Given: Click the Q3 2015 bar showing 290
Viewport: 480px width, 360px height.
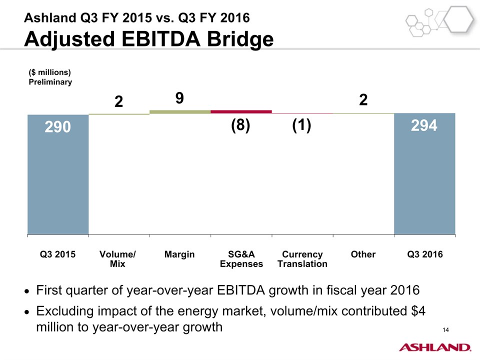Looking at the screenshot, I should [58, 174].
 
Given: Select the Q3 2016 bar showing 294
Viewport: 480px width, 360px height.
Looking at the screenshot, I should [424, 173].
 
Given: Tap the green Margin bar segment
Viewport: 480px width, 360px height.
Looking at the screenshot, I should [180, 112].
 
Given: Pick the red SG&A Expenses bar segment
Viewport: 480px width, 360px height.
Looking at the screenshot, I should [241, 111].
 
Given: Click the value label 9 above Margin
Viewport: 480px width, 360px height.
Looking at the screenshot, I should [179, 99].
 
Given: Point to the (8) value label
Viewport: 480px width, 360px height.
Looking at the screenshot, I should [240, 126].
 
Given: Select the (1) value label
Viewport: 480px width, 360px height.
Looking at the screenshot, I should [302, 126].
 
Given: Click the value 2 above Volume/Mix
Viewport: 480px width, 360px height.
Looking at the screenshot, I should [118, 101].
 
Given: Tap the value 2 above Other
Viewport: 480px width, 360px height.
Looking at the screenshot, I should [363, 99].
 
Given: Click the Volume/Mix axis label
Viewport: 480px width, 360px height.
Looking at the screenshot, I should [118, 259].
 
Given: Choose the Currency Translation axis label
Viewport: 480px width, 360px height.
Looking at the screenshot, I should [302, 259].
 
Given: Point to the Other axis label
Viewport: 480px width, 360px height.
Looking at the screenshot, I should [363, 254].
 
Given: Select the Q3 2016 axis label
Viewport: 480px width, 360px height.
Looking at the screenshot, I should [425, 254].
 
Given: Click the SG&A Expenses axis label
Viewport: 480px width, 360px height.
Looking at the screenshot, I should [241, 259].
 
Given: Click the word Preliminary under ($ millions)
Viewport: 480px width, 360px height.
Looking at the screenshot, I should [50, 82].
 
